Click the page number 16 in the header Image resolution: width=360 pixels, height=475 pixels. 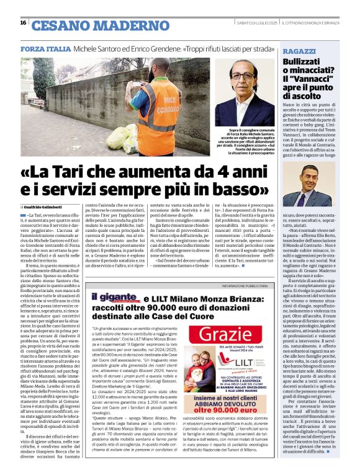23,23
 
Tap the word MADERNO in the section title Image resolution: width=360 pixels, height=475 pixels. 119,25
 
